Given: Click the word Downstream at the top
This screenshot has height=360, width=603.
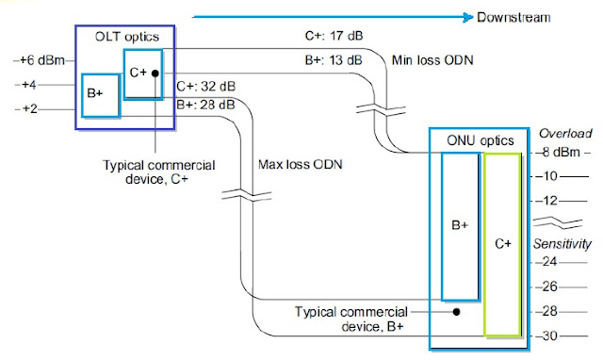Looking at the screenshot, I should tap(513, 17).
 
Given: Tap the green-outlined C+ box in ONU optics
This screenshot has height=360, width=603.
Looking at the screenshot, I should tap(502, 242).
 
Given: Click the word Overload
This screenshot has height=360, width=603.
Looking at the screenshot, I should tap(561, 133).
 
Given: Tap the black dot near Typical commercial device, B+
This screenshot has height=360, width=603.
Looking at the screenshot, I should tap(457, 310).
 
